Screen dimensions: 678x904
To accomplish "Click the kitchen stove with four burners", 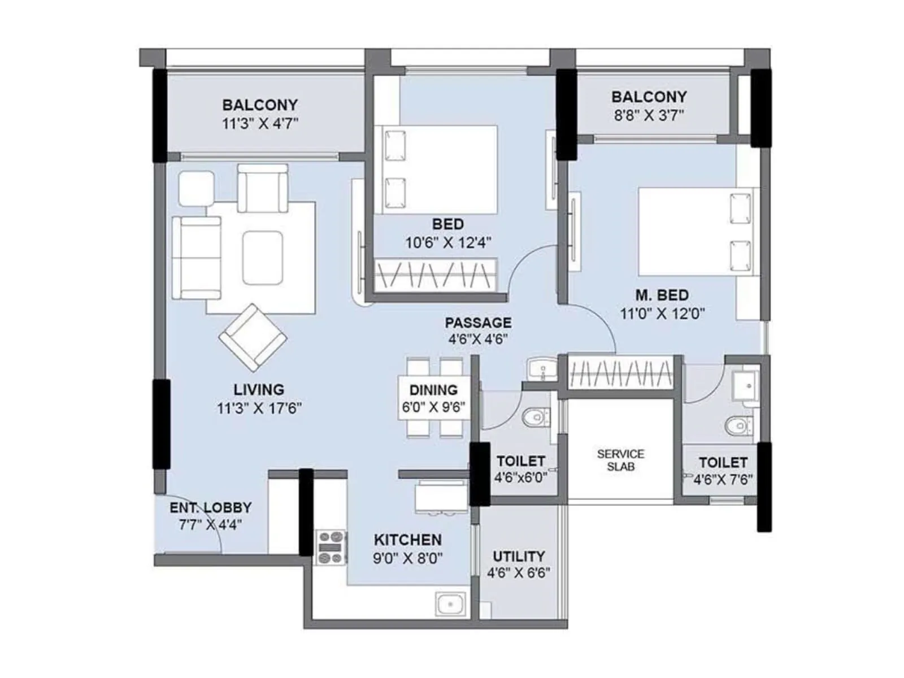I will (331, 547).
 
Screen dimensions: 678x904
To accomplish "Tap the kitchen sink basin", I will (451, 605).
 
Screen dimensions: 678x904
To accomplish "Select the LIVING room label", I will (259, 389).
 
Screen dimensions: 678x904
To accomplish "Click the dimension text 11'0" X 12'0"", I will (662, 314).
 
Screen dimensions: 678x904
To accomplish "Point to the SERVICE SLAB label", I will (620, 460).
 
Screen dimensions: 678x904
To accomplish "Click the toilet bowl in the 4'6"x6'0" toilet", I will (534, 418).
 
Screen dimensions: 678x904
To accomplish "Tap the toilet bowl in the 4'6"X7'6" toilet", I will (737, 426).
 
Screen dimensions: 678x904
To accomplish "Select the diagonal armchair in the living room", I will (253, 337).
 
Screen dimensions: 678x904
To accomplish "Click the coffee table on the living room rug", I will (263, 258).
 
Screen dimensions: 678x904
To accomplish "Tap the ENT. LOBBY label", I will (210, 507).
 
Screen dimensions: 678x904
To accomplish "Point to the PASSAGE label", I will (478, 323).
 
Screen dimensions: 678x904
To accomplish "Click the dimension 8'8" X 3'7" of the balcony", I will (649, 116).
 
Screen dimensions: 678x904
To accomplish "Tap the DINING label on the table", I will (433, 390).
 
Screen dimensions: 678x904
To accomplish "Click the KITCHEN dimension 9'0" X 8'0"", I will (407, 559).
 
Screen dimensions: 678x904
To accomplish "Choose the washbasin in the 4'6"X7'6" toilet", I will (745, 385).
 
